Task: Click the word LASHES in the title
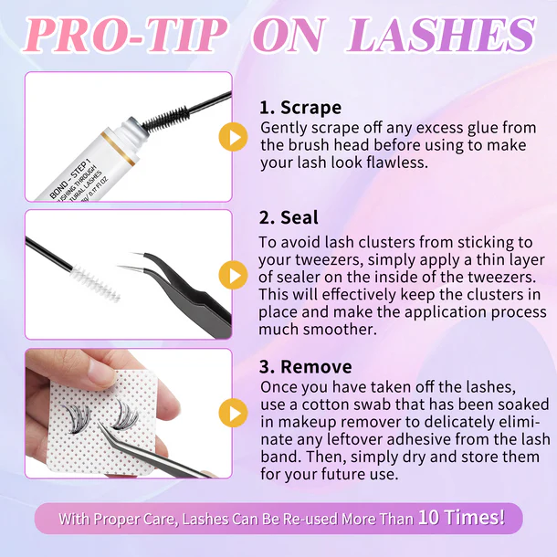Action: tap(440, 35)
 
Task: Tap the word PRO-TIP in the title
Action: tap(125, 35)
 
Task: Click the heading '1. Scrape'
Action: tap(300, 107)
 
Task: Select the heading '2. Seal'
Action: tap(289, 217)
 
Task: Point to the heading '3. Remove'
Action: tap(306, 366)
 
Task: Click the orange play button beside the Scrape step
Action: tap(233, 137)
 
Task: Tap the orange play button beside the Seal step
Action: tap(233, 275)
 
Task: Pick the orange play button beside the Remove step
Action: tap(233, 413)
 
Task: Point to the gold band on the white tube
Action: tap(117, 149)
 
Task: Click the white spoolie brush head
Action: tap(94, 282)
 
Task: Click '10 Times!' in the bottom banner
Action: tap(461, 517)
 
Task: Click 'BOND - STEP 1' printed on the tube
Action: tap(68, 180)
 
